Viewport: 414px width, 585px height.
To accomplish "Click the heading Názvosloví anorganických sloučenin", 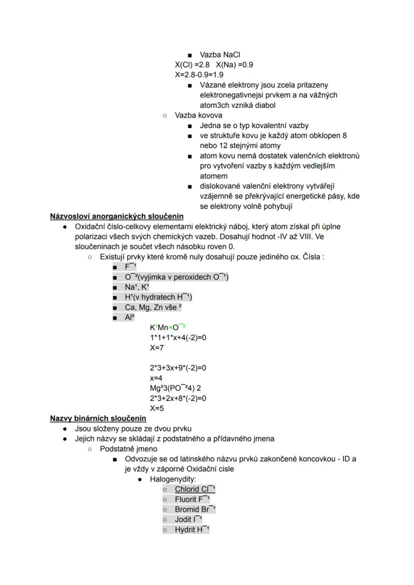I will point(116,216).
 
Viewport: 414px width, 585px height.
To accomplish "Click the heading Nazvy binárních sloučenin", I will point(98,418).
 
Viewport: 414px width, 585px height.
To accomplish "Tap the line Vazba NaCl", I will point(221,55).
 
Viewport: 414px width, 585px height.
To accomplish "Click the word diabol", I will point(264,105).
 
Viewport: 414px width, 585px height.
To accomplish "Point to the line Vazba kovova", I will point(198,115).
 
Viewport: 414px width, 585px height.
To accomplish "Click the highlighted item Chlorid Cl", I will point(194,489).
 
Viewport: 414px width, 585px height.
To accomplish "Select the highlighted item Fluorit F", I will point(192,499).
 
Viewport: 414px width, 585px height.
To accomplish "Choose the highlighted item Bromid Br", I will point(195,509).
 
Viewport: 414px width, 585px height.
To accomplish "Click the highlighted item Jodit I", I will point(188,519).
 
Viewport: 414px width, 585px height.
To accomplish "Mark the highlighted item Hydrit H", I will point(191,529).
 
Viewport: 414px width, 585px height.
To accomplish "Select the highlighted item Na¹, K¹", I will point(137,287).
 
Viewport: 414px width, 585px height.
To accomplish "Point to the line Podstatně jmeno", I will point(128,448).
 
